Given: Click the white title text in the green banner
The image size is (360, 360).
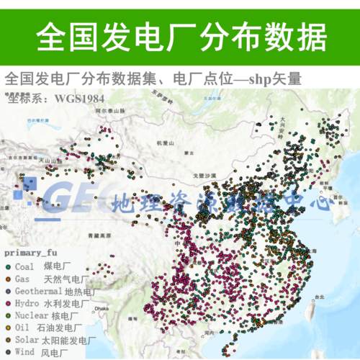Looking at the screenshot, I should pos(180,35).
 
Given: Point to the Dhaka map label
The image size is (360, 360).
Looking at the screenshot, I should pos(102,309).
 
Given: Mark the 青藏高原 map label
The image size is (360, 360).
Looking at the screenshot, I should pos(96,235).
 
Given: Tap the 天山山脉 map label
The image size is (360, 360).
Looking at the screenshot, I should pos(48,160).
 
